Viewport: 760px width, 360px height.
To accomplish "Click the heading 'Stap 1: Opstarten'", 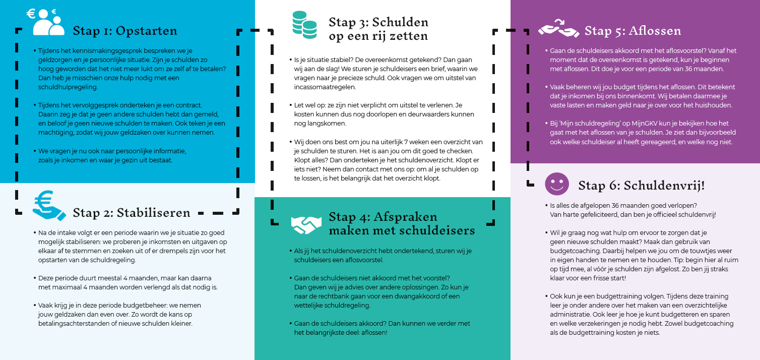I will [x=125, y=31].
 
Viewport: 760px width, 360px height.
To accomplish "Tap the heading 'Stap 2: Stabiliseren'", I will [x=132, y=212].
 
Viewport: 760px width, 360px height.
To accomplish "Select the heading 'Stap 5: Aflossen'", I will [x=632, y=31].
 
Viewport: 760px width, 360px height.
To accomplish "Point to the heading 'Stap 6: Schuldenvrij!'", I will [x=641, y=185].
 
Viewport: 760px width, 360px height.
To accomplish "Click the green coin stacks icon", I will [x=304, y=26].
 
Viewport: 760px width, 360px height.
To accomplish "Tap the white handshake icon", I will [x=306, y=225].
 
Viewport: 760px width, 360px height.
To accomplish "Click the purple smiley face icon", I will [x=557, y=184].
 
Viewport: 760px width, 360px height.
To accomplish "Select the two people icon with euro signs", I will [x=46, y=22].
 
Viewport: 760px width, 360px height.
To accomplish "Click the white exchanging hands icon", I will [x=558, y=30].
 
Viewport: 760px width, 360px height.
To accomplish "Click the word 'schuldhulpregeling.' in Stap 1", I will [x=68, y=87].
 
